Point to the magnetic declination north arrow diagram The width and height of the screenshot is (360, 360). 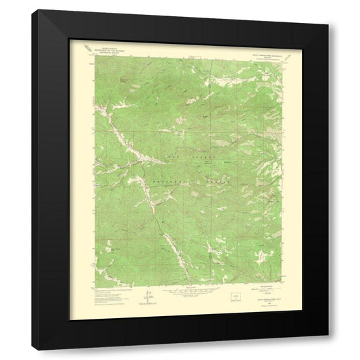point(144,294)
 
